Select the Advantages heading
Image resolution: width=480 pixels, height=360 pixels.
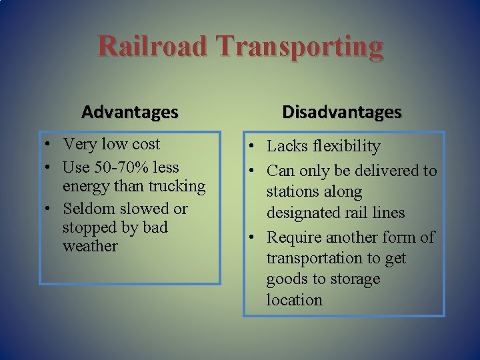tap(130, 111)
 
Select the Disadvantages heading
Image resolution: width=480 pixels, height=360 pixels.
tap(342, 111)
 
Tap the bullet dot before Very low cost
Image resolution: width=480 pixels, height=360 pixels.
tap(51, 145)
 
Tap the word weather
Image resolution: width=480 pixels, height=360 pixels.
tap(90, 246)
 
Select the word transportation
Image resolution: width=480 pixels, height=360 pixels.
tap(317, 258)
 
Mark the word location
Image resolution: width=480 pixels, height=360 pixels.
tap(295, 300)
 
